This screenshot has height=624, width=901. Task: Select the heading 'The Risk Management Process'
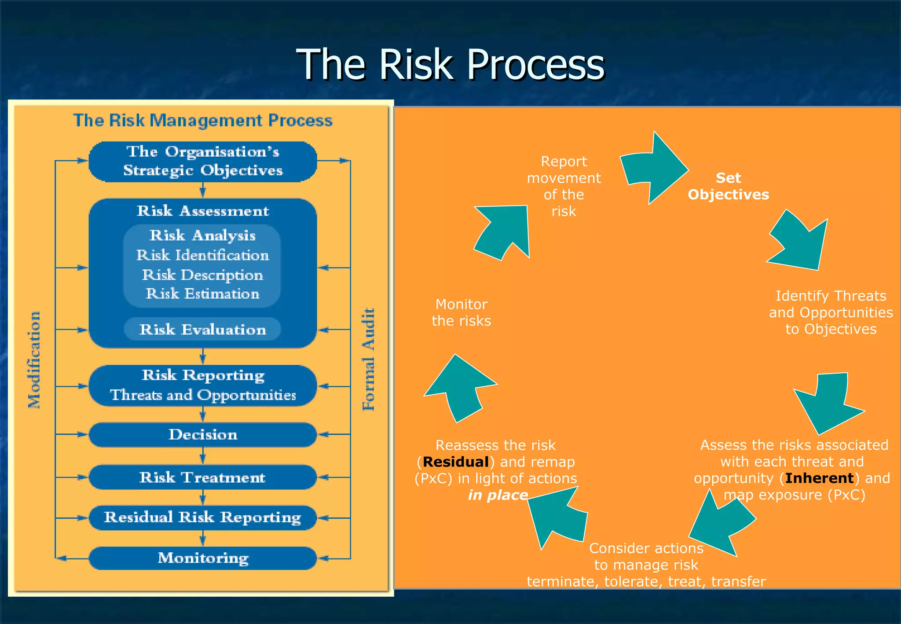tap(203, 120)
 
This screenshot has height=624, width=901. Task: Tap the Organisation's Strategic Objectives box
tap(203, 162)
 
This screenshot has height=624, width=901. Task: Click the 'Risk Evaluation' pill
tap(203, 329)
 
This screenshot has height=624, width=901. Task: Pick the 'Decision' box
tap(203, 434)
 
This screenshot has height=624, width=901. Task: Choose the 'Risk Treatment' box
tap(203, 477)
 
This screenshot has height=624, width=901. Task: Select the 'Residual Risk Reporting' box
tap(203, 517)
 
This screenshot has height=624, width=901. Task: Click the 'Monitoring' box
tap(203, 558)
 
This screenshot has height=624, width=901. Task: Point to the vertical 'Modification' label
tap(34, 360)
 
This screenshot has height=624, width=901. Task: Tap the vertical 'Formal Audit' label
tap(368, 360)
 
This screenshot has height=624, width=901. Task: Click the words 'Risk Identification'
tap(203, 255)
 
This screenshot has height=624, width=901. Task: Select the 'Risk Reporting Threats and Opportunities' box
tap(203, 385)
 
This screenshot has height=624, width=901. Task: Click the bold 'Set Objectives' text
tap(728, 186)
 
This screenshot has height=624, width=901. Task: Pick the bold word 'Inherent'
tap(819, 478)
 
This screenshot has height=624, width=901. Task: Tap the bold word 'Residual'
tap(456, 462)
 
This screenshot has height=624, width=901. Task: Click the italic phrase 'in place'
tap(498, 495)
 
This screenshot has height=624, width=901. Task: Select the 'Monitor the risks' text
tap(461, 312)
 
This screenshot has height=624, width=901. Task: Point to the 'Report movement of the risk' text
tap(564, 186)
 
